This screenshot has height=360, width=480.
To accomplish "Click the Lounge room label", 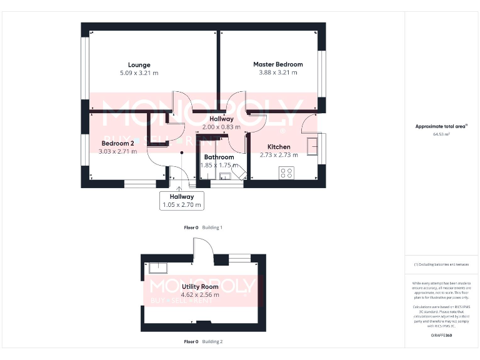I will coord(139,65).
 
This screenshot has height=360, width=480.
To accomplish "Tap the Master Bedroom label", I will coord(277,64).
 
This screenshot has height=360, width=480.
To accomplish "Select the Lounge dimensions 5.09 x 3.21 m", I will coord(139,73).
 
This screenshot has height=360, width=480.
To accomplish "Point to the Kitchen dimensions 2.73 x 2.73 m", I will coord(279,155).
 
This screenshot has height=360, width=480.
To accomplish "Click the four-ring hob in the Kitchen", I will coord(287,173).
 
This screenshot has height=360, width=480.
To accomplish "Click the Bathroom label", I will coord(219,157).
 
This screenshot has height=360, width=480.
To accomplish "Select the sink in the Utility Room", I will coord(157,268).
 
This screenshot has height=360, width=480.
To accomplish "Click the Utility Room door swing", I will coord(203,253).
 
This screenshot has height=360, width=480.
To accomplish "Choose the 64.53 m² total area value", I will coord(441,134).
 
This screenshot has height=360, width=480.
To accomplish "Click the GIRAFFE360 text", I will coord(441,336).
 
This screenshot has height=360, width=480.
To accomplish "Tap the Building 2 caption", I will coord(212,342).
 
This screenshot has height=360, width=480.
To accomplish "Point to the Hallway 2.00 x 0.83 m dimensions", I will coord(221,127).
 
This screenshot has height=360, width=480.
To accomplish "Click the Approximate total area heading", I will coord(441,126).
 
